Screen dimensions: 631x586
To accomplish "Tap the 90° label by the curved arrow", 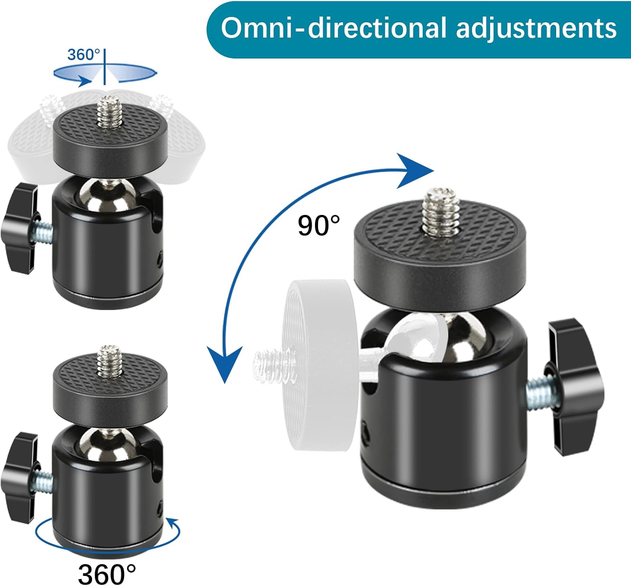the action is pos(319,225).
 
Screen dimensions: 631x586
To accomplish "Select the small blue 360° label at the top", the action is pos(84,55).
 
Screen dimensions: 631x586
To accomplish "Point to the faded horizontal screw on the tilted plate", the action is pos(273,364).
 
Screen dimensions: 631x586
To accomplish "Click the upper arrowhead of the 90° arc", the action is pos(415,171).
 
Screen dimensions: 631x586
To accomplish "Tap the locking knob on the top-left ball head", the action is pos(20,228).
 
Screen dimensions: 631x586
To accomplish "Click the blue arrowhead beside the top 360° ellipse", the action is pos(84,81).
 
